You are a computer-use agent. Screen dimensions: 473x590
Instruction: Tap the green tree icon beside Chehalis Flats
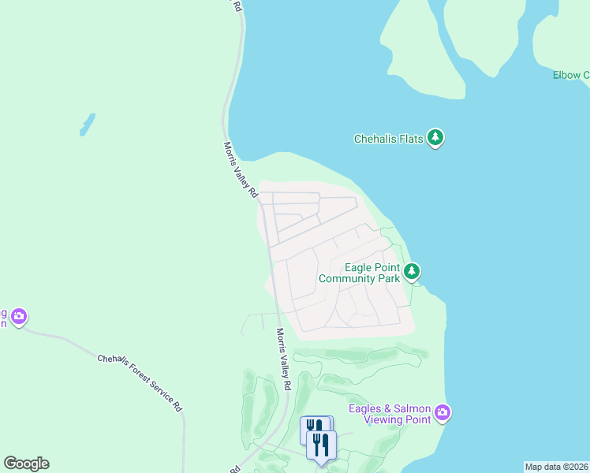(x=435, y=138)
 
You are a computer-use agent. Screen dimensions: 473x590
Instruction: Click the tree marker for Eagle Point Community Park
(x=411, y=272)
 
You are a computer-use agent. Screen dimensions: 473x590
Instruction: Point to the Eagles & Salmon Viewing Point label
(x=390, y=414)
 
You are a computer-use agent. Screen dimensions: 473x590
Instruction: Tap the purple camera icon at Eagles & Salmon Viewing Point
(x=442, y=412)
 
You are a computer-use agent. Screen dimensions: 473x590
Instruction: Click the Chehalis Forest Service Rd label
(x=140, y=382)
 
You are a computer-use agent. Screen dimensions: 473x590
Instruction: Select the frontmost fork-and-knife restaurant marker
(x=321, y=445)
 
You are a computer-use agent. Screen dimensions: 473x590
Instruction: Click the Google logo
(x=26, y=464)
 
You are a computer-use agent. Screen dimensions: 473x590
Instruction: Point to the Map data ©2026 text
(x=556, y=467)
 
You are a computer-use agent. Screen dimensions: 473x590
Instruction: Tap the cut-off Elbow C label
(x=571, y=75)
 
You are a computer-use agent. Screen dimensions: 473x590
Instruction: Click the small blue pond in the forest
(x=87, y=124)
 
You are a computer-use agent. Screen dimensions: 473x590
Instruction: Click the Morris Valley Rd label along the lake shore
(x=241, y=169)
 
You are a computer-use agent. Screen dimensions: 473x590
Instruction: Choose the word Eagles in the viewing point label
(x=368, y=408)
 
